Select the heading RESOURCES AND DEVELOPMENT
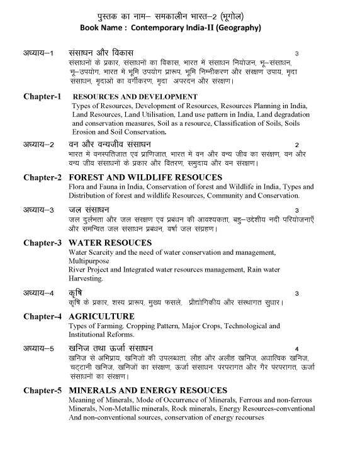click(135, 97)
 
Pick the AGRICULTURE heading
click(101, 316)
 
